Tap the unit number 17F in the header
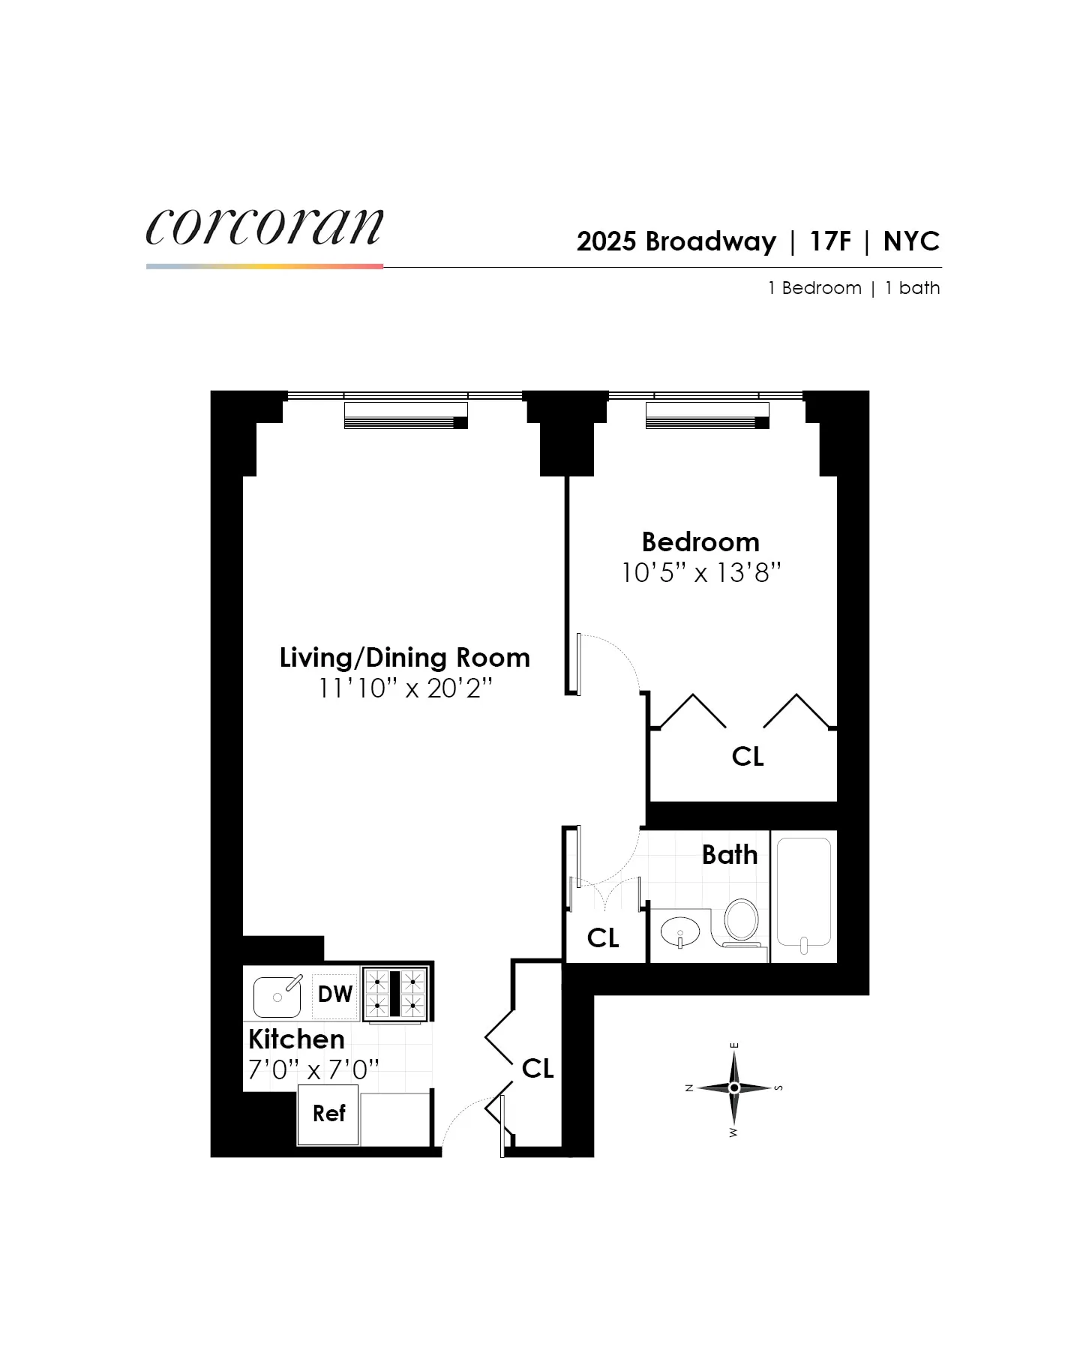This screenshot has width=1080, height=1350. tap(829, 241)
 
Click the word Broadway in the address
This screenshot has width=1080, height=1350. tap(710, 241)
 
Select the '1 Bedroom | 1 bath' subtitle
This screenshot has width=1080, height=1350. tap(853, 288)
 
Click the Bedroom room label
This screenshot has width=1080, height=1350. tap(700, 541)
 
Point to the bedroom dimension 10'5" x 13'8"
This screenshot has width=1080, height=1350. tap(700, 573)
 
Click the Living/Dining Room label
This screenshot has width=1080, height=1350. tap(404, 657)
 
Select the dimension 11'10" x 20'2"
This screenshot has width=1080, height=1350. tap(404, 688)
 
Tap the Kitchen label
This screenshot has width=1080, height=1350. tap(296, 1039)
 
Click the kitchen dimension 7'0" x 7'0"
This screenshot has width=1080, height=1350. tap(313, 1069)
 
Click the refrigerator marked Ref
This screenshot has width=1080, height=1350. tap(328, 1114)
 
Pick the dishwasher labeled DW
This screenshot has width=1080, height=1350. tap(334, 994)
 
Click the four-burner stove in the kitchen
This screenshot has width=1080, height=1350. tap(395, 994)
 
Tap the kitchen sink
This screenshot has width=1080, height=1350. tap(277, 996)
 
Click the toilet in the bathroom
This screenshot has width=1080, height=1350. tap(741, 920)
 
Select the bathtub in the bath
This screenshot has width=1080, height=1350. tap(803, 892)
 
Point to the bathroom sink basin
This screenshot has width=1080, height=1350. tap(679, 932)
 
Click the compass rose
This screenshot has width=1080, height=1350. tap(734, 1087)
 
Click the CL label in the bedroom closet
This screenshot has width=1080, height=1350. tap(748, 757)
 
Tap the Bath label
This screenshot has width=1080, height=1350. tap(729, 855)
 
